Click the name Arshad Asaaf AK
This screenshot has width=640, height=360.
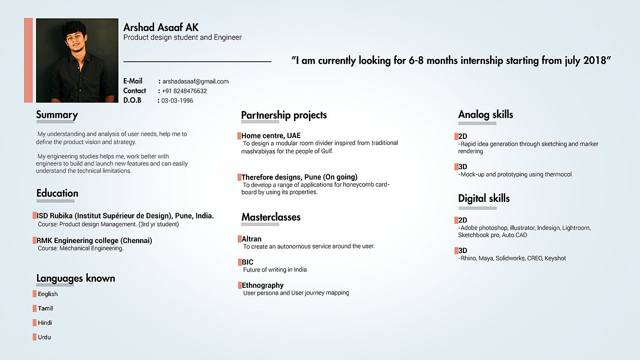[161, 27]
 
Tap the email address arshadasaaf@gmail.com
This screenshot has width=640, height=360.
[195, 81]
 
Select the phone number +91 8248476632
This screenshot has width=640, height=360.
[184, 91]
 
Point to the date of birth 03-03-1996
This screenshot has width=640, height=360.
[177, 101]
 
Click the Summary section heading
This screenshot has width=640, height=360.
[57, 115]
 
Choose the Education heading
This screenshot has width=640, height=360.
[57, 193]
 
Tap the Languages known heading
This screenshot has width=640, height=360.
[75, 278]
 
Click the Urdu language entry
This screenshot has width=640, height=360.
[44, 337]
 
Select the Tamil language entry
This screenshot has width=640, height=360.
[45, 308]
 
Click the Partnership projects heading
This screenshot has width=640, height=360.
[284, 115]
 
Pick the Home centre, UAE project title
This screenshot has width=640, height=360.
[271, 136]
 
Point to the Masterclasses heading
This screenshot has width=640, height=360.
[271, 217]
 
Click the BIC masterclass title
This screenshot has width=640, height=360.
[247, 262]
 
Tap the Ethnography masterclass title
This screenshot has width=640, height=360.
[262, 286]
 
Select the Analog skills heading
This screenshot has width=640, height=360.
[485, 115]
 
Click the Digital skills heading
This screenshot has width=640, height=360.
[484, 198]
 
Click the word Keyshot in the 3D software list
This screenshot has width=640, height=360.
[555, 258]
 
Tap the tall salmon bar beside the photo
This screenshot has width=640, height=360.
[28, 60]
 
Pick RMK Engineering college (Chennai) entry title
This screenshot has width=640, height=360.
[94, 241]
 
